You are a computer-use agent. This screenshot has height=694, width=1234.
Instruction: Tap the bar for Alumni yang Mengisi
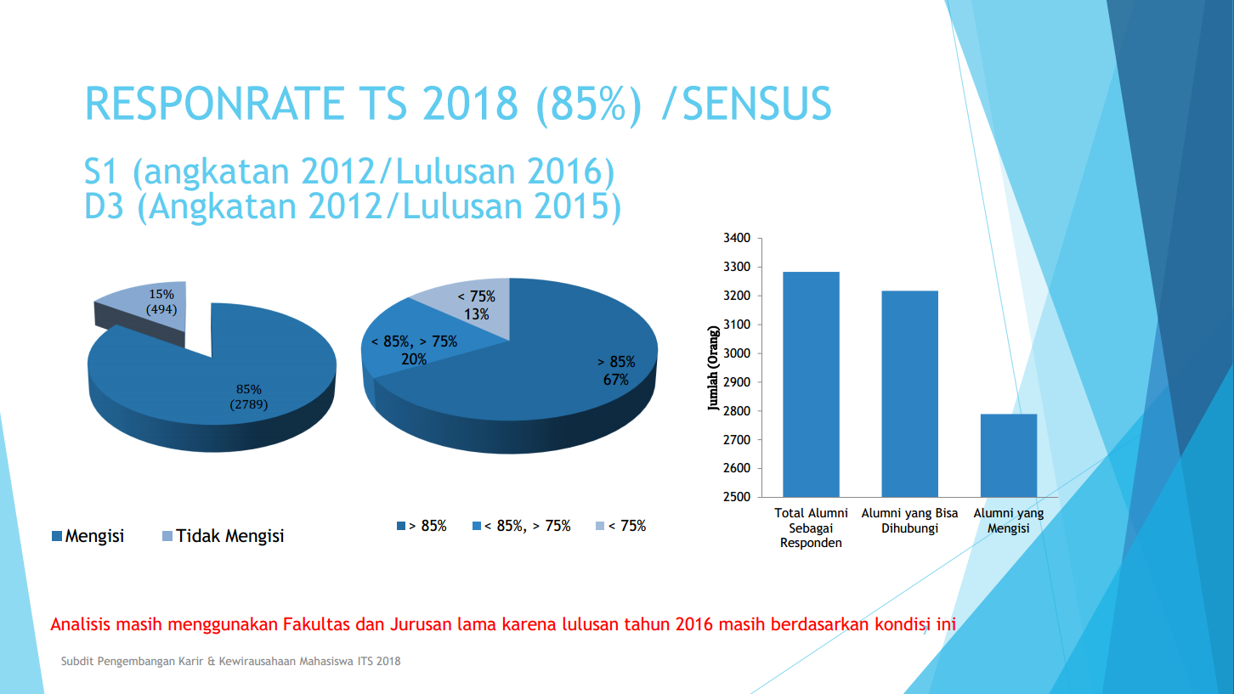(1008, 455)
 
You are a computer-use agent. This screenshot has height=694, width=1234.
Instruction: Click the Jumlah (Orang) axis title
(714, 368)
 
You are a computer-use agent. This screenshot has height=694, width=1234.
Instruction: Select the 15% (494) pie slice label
(161, 302)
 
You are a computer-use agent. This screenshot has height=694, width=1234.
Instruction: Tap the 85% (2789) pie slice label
(249, 397)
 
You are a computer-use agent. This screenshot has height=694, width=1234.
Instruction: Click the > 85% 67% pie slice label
(616, 371)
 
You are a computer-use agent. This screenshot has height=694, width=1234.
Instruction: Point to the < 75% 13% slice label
(476, 306)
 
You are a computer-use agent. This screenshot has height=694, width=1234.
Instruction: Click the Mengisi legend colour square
(57, 536)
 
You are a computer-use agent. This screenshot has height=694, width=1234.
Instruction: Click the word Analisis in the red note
(79, 624)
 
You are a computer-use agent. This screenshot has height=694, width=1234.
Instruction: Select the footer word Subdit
(76, 661)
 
